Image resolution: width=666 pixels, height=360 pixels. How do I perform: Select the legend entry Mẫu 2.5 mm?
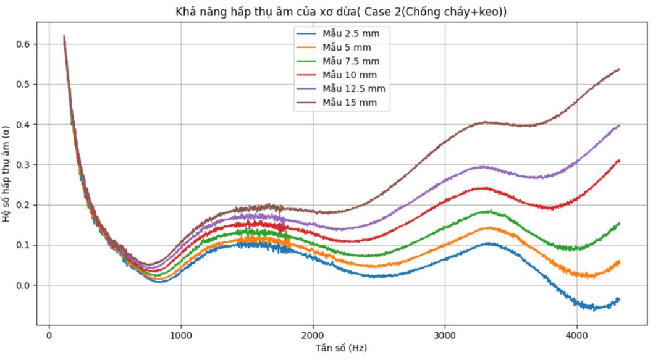pyautogui.click(x=350, y=33)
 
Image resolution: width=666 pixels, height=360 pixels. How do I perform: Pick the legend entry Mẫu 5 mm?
pyautogui.click(x=346, y=47)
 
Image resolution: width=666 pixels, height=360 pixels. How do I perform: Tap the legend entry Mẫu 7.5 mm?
pyautogui.click(x=350, y=61)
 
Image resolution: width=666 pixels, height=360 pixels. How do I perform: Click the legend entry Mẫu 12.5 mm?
pyautogui.click(x=353, y=88)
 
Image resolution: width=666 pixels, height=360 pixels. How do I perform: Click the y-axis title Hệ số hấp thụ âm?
pyautogui.click(x=7, y=174)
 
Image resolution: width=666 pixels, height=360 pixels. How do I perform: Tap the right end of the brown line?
pyautogui.click(x=618, y=70)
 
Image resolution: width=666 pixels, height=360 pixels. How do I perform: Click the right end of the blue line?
pyautogui.click(x=618, y=299)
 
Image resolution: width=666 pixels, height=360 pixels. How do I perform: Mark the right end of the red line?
pyautogui.click(x=618, y=161)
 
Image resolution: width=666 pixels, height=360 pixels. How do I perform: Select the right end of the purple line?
pyautogui.click(x=618, y=126)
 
